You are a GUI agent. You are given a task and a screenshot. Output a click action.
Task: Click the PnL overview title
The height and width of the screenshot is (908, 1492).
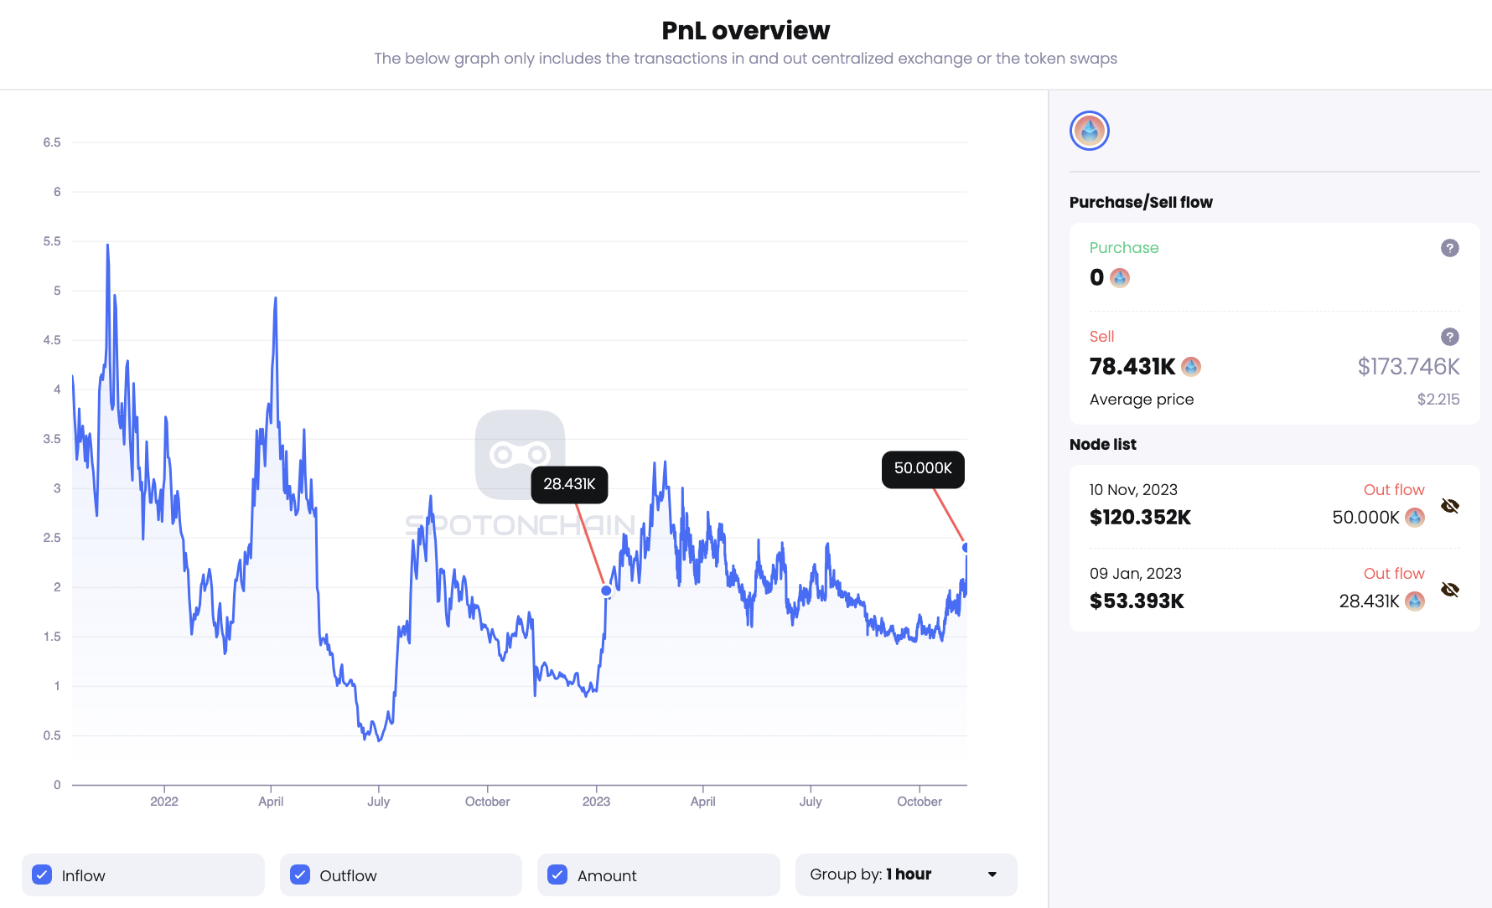[x=745, y=31]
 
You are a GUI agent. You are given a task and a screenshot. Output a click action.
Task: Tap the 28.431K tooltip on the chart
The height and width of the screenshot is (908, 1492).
[x=569, y=484]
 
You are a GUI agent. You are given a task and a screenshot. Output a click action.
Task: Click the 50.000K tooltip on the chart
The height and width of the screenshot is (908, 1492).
[x=923, y=469]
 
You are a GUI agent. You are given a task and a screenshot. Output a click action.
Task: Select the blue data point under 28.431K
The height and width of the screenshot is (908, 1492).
[x=606, y=591]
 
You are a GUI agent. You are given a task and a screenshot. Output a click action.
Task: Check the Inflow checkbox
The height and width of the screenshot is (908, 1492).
[x=42, y=874]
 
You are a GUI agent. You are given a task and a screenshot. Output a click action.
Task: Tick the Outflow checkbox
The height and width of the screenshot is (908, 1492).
[x=300, y=874]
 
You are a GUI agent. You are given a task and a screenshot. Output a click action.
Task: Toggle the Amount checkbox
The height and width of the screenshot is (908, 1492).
[x=557, y=874]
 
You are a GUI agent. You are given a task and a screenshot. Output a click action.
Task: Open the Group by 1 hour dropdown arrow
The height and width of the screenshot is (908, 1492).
[x=992, y=874]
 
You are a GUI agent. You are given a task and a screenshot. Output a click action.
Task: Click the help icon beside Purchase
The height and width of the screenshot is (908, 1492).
[x=1449, y=248]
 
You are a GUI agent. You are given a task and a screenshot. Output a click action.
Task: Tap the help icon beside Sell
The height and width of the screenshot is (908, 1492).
[x=1449, y=337]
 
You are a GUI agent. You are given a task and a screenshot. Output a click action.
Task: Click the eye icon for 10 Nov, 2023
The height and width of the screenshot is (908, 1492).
[x=1449, y=506]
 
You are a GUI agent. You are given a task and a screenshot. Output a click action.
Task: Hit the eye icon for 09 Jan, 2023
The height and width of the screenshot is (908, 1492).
[x=1449, y=590]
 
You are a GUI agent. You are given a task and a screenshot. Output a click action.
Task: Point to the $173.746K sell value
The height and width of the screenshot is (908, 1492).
[x=1408, y=367]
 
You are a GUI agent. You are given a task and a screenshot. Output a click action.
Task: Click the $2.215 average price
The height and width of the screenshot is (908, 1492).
[x=1438, y=400]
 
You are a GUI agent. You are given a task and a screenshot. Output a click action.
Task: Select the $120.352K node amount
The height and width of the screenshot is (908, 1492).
[x=1140, y=518]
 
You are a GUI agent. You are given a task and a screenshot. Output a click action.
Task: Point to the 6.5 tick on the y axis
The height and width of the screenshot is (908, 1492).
[x=52, y=142]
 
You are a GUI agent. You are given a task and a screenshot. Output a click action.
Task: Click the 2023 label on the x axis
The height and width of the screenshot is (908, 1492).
[x=596, y=802]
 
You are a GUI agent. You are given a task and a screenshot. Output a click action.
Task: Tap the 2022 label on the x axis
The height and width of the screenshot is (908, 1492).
[x=164, y=802]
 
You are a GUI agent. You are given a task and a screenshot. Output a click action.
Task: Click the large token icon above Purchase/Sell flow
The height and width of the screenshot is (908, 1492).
[x=1090, y=131]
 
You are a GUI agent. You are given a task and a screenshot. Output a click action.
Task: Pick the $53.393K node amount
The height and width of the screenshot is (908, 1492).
[x=1137, y=601]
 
